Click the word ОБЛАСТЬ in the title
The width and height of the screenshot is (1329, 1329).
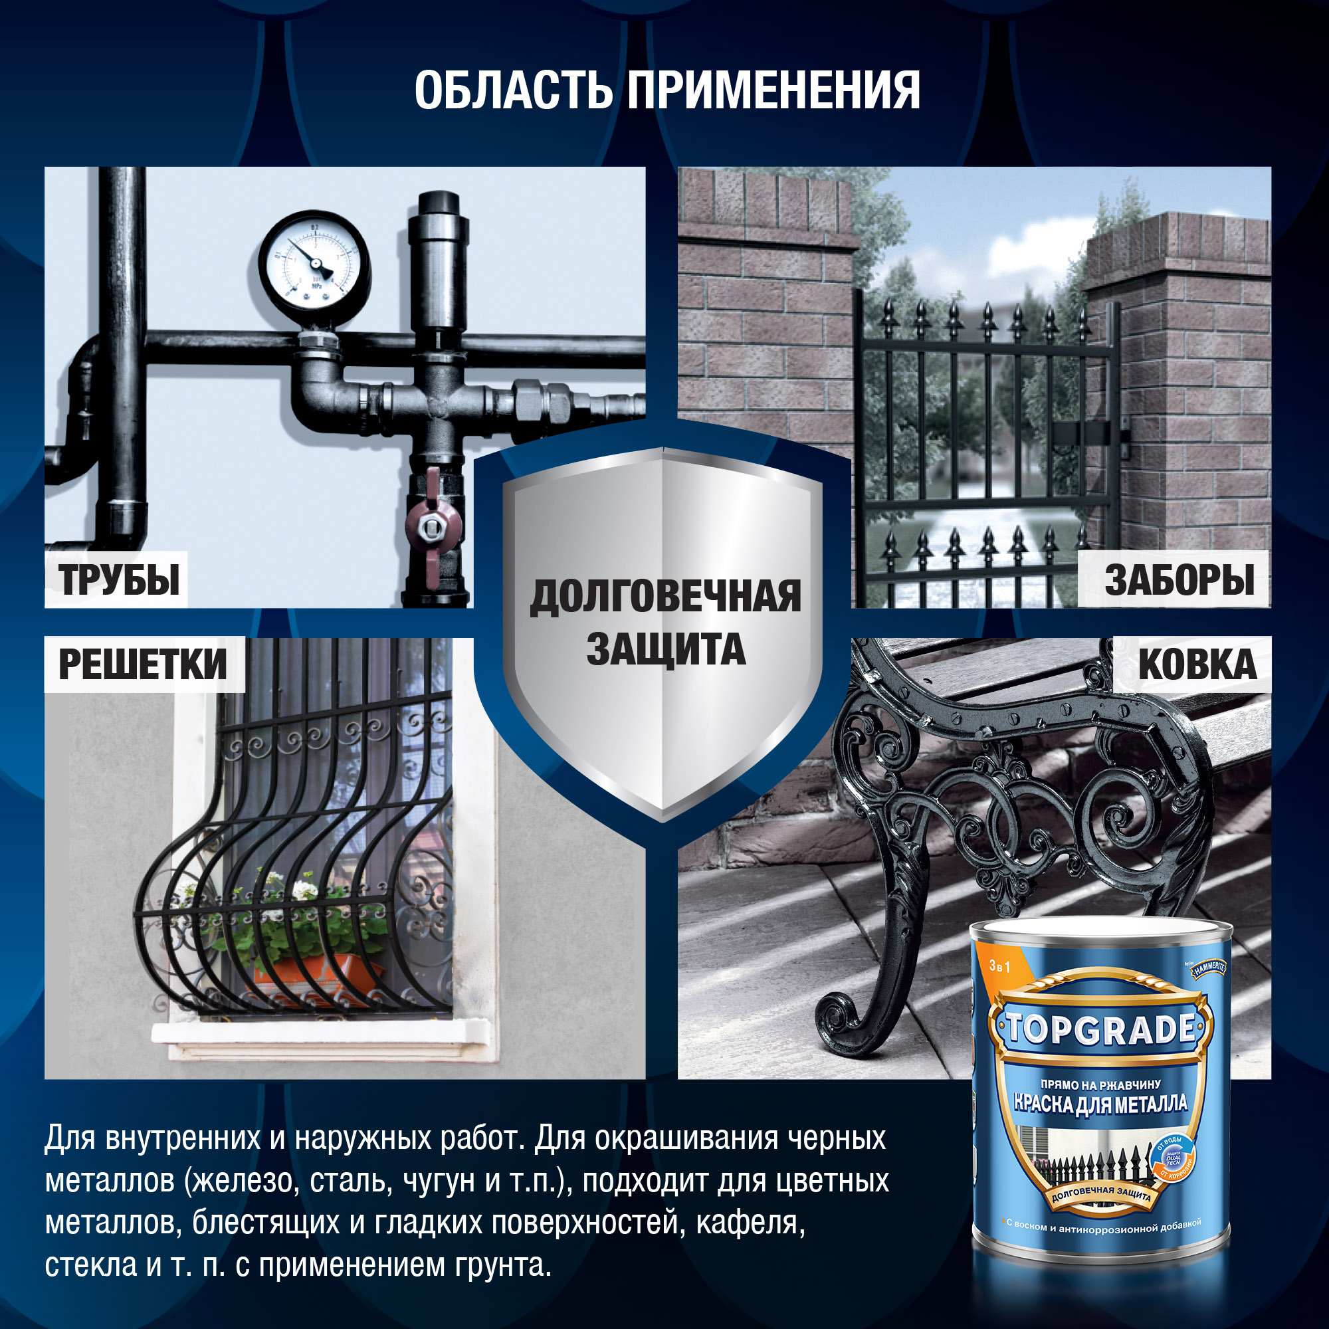512,90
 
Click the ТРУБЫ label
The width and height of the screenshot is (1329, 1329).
118,580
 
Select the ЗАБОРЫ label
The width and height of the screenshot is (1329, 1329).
1179,580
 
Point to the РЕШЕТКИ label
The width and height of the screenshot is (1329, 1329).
142,664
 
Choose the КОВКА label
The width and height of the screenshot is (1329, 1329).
1197,664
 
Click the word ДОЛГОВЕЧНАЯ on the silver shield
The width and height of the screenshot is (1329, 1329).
664,597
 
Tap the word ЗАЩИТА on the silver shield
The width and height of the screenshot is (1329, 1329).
665,650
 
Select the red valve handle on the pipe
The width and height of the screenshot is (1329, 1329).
432,526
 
